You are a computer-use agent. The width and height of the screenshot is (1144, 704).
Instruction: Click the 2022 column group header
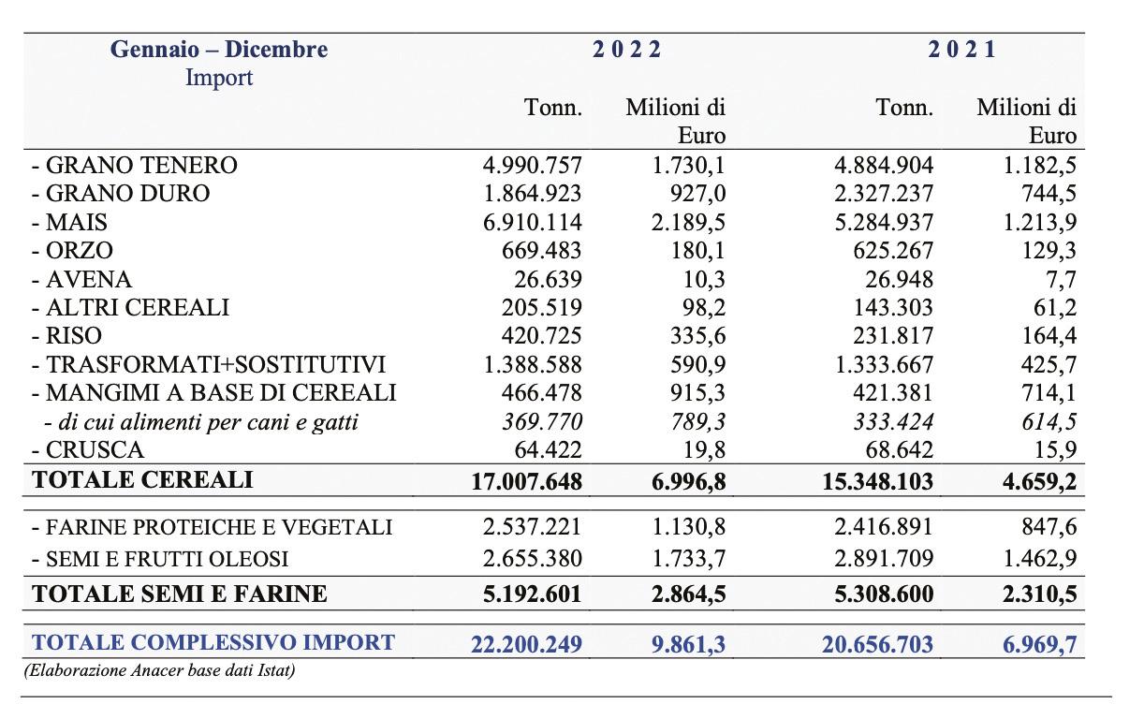pos(626,50)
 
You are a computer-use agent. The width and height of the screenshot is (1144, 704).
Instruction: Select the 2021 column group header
pos(962,50)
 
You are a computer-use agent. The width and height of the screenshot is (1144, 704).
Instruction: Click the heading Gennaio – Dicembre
pos(219,50)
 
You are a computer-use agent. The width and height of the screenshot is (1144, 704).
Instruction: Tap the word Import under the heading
pos(219,78)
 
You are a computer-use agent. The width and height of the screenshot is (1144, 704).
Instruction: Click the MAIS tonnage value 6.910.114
pos(532,223)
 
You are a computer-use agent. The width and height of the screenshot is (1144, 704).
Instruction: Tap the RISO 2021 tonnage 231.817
pos(888,336)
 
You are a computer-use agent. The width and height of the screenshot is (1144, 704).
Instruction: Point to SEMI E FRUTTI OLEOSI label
pos(159,559)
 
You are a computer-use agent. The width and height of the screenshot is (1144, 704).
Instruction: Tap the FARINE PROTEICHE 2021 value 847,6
pos(1049,527)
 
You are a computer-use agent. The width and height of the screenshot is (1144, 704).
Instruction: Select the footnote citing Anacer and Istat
pos(159,670)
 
